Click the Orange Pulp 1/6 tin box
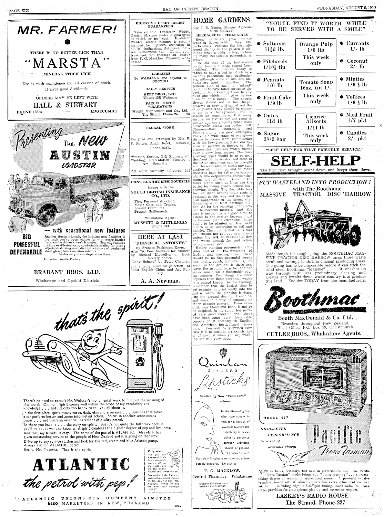[315, 54]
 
